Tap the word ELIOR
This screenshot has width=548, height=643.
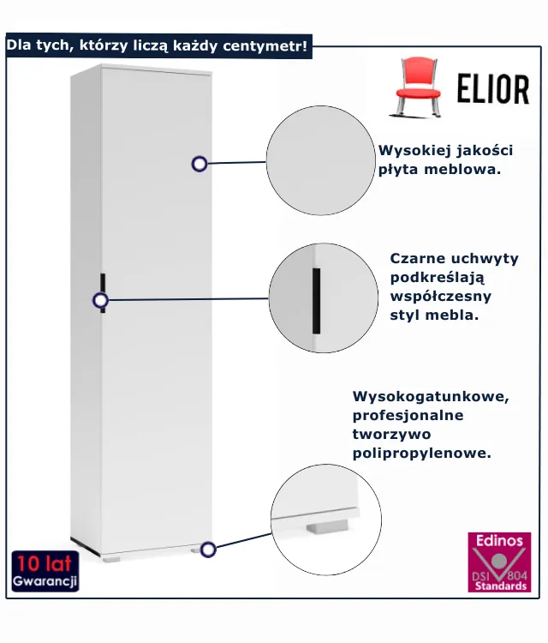coord(492,89)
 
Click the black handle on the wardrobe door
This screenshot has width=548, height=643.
coord(102,291)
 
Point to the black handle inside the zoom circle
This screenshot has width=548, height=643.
coord(316,300)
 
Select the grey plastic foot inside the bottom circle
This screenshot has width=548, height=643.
coord(325,526)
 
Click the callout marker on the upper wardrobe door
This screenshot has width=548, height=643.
coord(200,163)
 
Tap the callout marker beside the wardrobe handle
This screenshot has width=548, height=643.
coord(101,300)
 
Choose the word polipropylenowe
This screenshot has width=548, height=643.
coord(422,453)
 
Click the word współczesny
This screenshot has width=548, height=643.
coord(441,296)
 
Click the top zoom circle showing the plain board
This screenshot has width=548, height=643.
coord(322,161)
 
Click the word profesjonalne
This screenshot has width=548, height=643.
coord(408,416)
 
